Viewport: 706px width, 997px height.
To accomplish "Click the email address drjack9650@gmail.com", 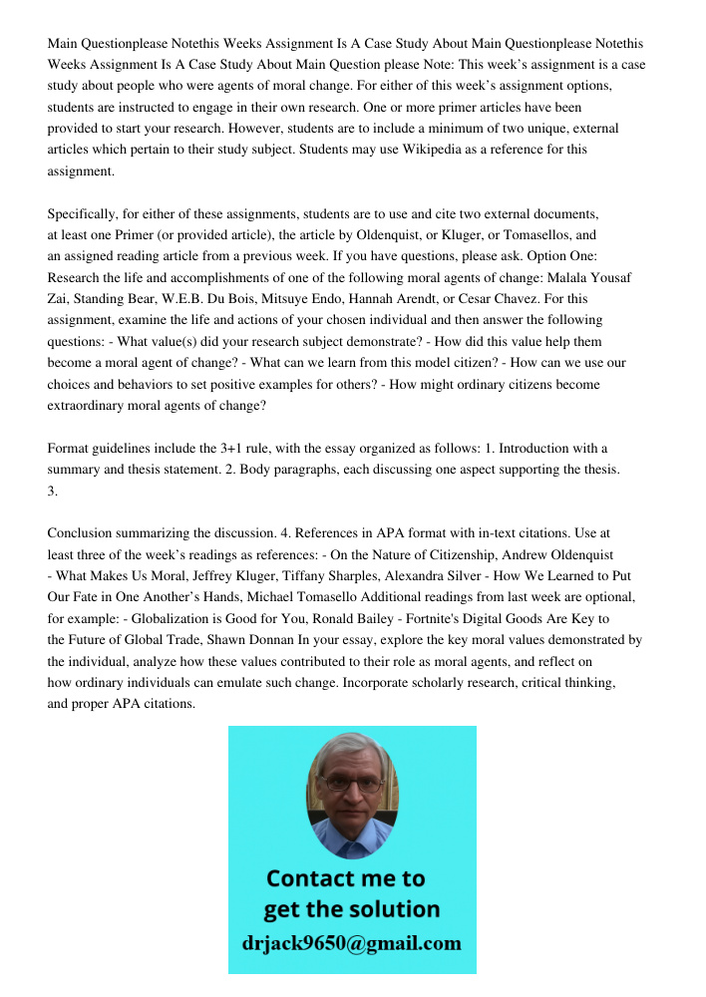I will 352,943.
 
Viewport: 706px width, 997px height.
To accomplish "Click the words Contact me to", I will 346,878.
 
